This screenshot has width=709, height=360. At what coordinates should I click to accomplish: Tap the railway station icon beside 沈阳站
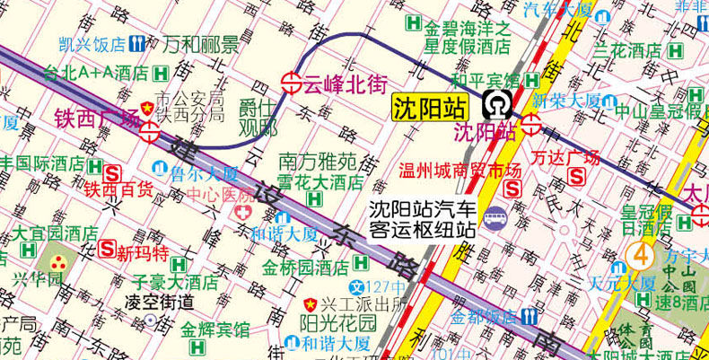pyautogui.click(x=494, y=106)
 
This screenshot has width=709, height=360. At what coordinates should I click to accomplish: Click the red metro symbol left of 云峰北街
pyautogui.click(x=291, y=83)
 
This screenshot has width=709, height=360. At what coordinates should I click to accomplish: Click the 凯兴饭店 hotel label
pyautogui.click(x=91, y=44)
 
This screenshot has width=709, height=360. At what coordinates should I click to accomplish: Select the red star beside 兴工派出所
pyautogui.click(x=311, y=303)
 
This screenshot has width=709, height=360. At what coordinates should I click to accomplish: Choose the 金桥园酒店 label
pyautogui.click(x=305, y=268)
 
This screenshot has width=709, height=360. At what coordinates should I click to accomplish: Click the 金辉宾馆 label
pyautogui.click(x=215, y=329)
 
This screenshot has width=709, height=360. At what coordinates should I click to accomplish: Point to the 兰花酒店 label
pyautogui.click(x=640, y=49)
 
